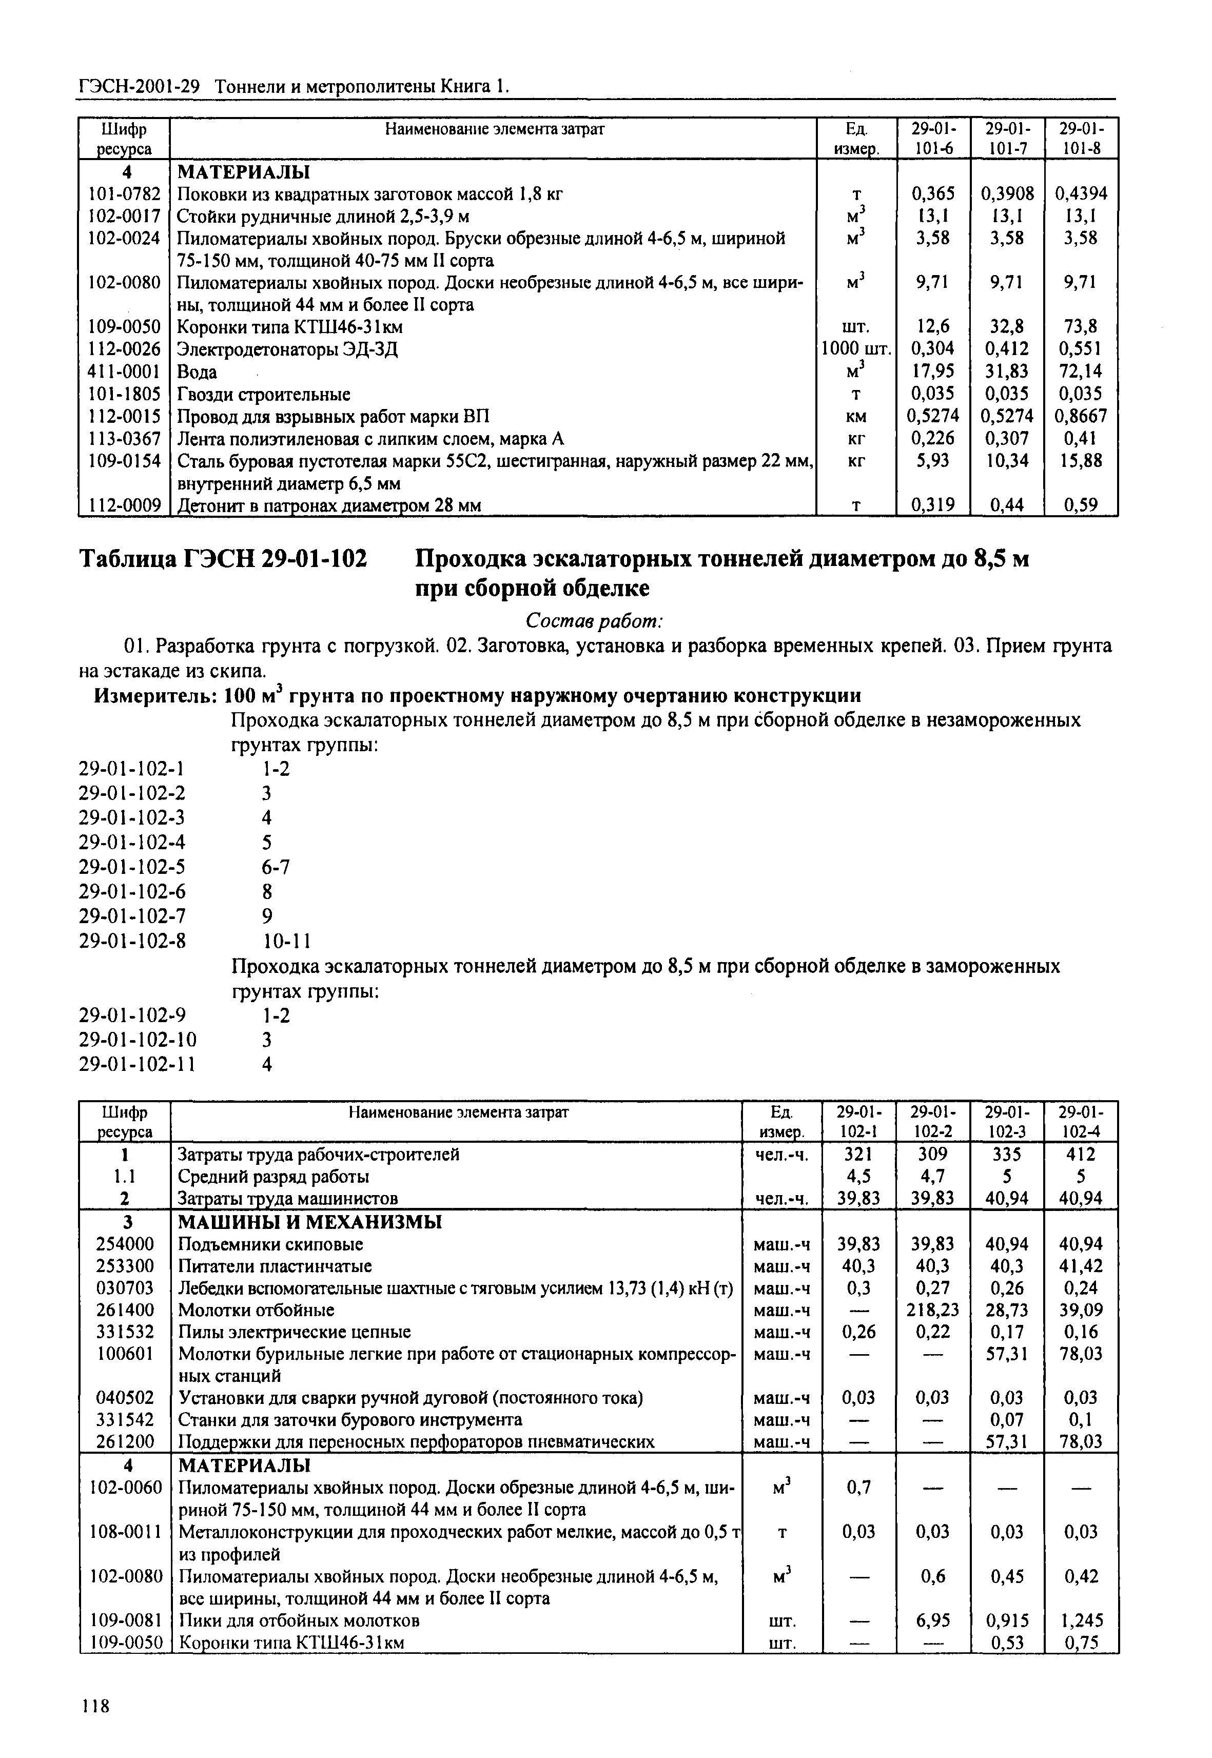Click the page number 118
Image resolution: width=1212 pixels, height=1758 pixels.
(x=95, y=1706)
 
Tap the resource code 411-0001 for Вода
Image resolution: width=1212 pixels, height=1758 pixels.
(x=124, y=372)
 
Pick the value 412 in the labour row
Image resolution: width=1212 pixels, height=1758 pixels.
(x=1081, y=1154)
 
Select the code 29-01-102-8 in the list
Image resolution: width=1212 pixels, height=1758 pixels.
(x=132, y=941)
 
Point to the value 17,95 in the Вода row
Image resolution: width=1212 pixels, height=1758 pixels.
(x=932, y=372)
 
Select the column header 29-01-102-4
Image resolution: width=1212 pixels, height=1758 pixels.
(x=1081, y=1122)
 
